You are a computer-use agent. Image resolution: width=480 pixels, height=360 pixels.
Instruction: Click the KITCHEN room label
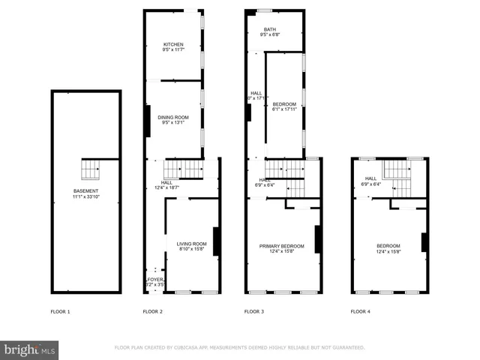click(x=173, y=44)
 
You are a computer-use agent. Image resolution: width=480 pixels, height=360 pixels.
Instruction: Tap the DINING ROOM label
click(x=172, y=118)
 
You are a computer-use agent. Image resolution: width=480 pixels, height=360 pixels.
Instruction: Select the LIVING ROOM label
click(x=191, y=244)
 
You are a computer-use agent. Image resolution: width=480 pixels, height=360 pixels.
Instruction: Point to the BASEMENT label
click(x=85, y=191)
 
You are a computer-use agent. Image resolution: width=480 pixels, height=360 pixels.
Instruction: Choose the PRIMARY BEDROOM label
click(x=281, y=246)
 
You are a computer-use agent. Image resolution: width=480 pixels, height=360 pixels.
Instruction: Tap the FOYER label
click(x=154, y=280)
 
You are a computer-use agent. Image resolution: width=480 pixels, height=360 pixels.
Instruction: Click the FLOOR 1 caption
click(x=59, y=311)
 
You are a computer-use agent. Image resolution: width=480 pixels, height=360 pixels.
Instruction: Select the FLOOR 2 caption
click(x=153, y=311)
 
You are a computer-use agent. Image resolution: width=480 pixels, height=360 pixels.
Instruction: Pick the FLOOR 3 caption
click(x=254, y=311)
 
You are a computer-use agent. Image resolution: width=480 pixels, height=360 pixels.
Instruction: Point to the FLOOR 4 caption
click(x=361, y=311)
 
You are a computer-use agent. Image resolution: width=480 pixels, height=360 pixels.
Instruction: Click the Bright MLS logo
click(x=29, y=349)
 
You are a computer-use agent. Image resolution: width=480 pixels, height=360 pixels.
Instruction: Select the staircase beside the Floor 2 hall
click(x=183, y=169)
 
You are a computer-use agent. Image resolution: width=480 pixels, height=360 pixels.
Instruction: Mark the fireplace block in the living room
click(x=216, y=241)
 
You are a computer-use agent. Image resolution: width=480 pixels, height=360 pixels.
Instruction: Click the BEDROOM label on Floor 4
click(x=388, y=246)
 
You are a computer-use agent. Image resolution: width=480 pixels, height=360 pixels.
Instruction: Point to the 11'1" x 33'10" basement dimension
click(x=85, y=197)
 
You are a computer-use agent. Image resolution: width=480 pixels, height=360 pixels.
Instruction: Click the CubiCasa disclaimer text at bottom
click(x=239, y=348)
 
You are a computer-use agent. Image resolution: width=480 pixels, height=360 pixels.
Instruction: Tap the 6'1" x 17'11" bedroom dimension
click(x=284, y=109)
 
